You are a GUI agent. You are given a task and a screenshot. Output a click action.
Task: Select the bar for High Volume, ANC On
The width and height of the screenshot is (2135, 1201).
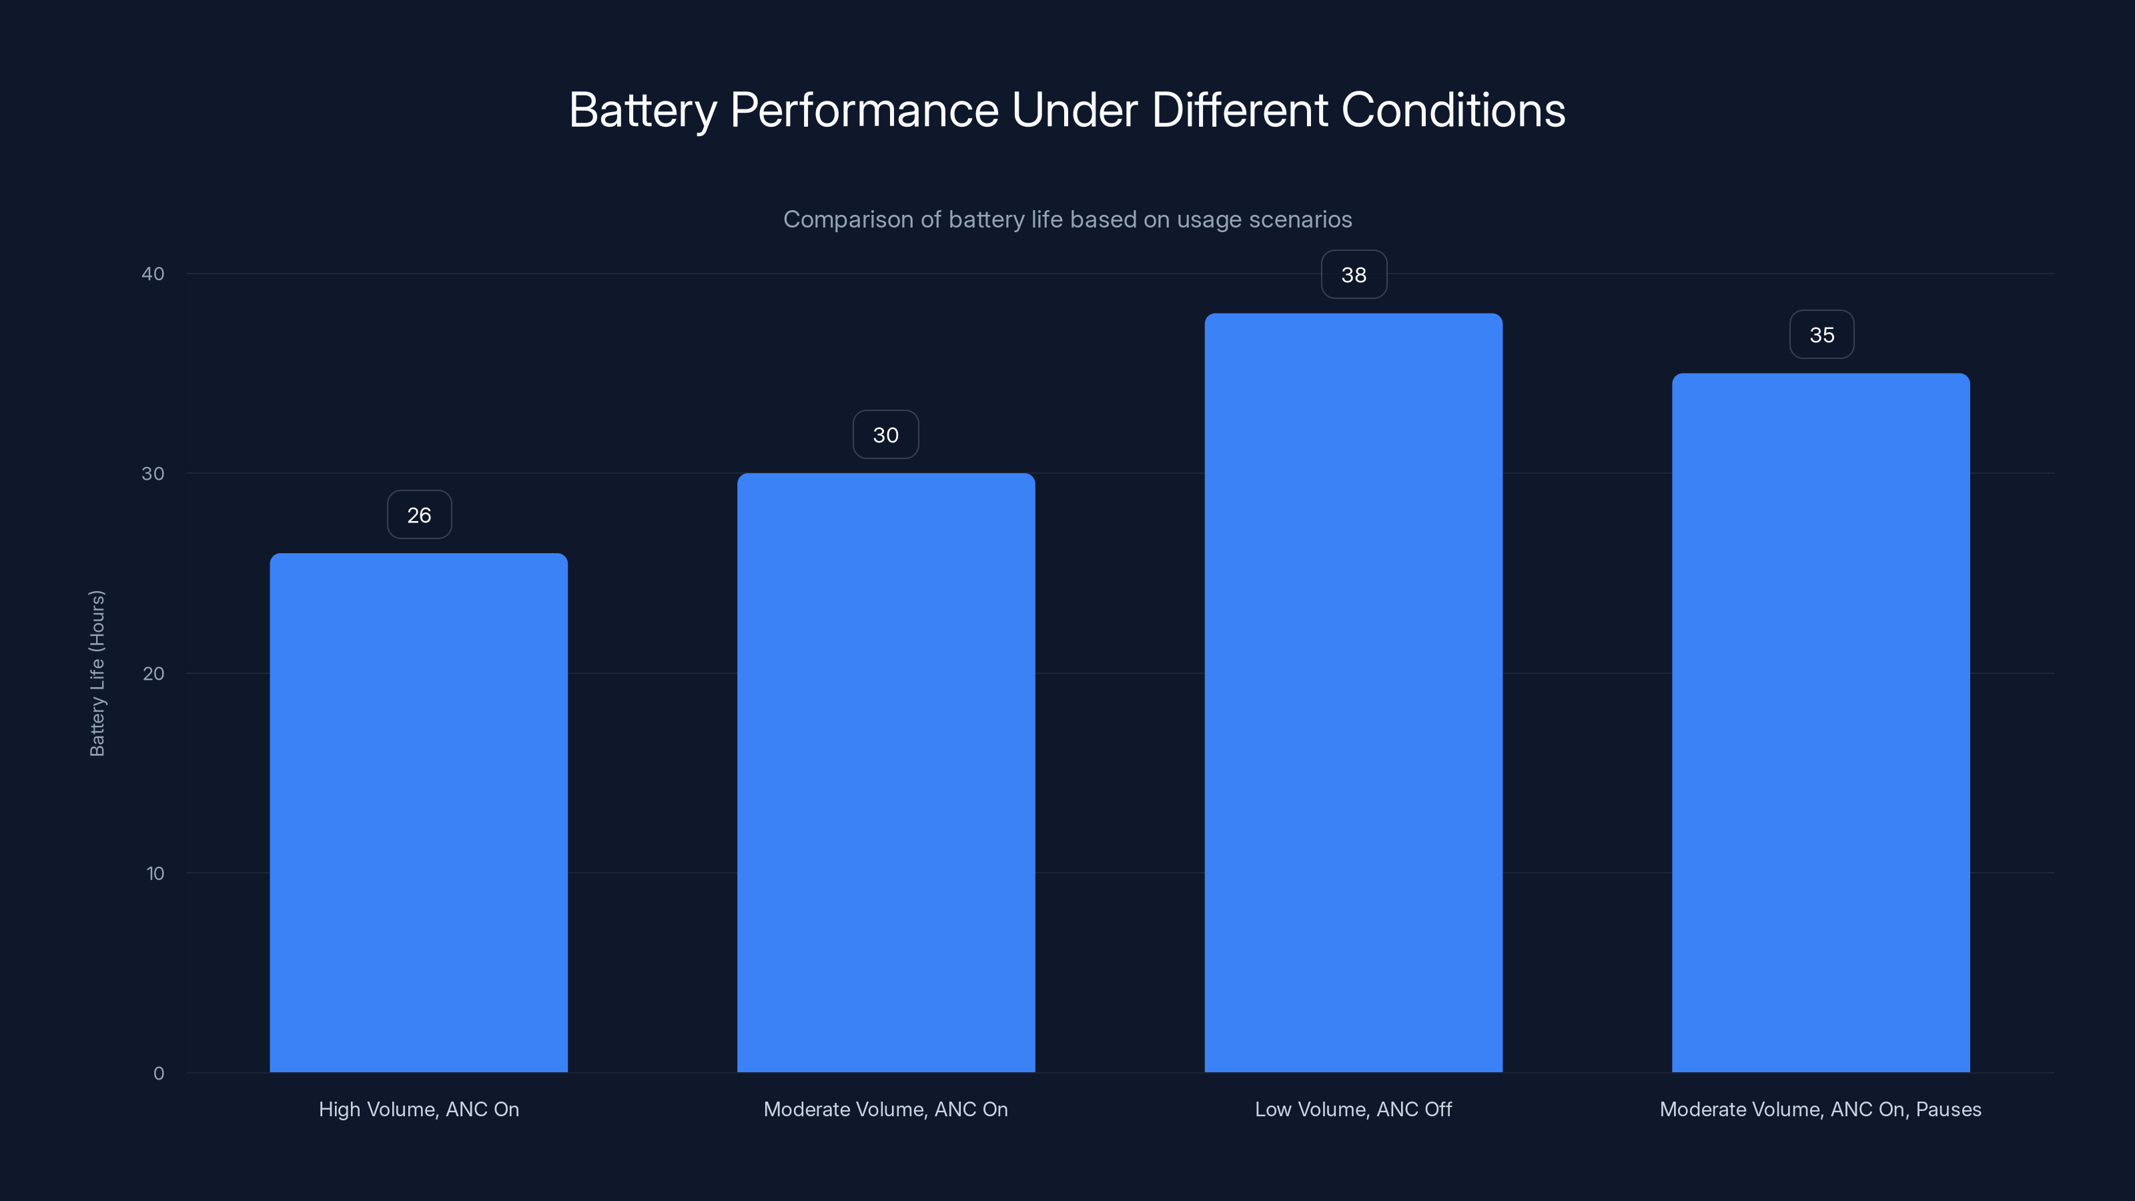(418, 812)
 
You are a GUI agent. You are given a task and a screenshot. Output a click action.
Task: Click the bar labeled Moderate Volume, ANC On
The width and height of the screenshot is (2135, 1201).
(885, 773)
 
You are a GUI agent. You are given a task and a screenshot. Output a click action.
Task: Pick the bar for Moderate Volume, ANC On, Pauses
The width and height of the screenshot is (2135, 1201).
(1820, 723)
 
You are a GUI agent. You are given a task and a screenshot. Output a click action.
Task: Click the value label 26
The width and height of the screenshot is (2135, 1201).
(420, 514)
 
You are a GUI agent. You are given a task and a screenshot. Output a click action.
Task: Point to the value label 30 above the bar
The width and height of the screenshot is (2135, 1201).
(885, 435)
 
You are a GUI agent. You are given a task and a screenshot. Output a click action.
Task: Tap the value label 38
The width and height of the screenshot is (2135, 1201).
(1354, 275)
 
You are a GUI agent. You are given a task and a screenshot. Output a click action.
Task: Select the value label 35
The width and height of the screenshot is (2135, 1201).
(1821, 335)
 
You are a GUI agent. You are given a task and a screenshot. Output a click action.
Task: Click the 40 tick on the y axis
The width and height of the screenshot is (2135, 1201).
(153, 274)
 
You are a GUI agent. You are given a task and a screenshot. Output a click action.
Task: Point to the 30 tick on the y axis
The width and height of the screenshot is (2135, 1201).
(153, 473)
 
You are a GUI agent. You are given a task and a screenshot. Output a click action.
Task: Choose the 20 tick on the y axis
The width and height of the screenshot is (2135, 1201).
(153, 673)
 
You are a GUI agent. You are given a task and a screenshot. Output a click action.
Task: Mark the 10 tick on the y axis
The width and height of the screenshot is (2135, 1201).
(154, 873)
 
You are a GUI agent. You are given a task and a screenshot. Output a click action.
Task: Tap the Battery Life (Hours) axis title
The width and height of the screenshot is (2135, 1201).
(97, 673)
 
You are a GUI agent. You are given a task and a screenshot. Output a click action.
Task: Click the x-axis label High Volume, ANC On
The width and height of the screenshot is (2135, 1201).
(418, 1109)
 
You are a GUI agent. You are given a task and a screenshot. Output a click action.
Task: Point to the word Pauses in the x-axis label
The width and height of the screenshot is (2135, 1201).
(1948, 1109)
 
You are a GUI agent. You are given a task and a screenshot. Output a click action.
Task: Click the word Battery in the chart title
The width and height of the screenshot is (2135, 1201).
(643, 110)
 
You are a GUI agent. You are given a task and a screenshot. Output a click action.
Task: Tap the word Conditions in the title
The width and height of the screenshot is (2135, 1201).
(1453, 110)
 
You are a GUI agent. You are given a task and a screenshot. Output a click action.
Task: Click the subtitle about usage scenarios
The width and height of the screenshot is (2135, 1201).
(1067, 219)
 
